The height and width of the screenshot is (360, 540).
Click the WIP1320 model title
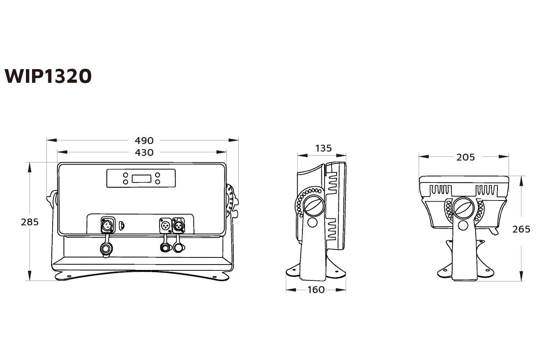(x=48, y=76)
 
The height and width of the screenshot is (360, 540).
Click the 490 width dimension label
(x=144, y=140)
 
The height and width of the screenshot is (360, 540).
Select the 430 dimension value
(x=144, y=153)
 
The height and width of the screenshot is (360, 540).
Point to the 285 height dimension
(x=30, y=222)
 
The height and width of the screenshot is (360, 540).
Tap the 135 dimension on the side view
(x=323, y=148)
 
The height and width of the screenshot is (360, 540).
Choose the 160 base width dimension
(x=316, y=290)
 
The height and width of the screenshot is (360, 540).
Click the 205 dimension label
(x=465, y=157)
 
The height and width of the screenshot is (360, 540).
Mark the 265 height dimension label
(x=521, y=229)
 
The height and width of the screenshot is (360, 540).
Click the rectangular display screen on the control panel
(x=141, y=178)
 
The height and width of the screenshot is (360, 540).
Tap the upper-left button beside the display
(x=126, y=175)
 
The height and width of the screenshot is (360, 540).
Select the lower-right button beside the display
(x=157, y=182)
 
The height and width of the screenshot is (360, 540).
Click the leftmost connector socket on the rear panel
(x=107, y=225)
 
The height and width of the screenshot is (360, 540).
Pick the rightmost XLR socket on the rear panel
(x=178, y=225)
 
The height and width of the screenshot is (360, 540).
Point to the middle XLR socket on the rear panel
(x=165, y=225)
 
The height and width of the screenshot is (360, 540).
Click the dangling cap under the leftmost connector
(x=106, y=249)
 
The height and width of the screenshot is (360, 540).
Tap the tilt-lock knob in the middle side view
(x=312, y=206)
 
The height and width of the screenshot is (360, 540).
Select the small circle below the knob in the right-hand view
(x=463, y=225)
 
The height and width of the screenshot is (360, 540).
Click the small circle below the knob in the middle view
(x=312, y=222)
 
